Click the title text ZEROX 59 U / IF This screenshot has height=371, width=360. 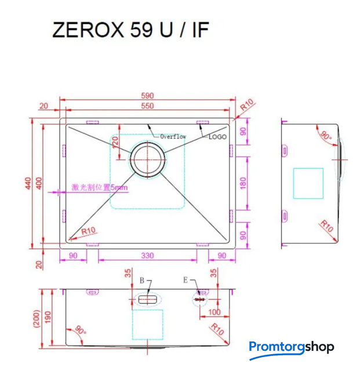coord(130,31)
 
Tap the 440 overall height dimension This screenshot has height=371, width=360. coord(27,183)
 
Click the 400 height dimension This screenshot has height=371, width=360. coord(38,183)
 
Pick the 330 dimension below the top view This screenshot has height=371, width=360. coord(147,256)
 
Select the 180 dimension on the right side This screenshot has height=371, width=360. coord(243,183)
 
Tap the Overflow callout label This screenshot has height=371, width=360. coord(173,137)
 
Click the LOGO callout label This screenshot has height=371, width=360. coord(217,137)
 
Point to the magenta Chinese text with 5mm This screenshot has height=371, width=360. coord(99,188)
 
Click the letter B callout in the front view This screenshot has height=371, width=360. coord(141,281)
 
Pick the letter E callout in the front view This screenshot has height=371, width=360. coord(185,280)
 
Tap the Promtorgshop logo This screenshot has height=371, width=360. coord(292,347)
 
